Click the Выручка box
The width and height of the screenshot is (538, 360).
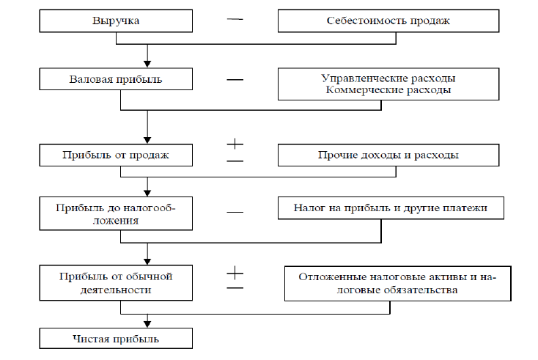click(x=116, y=21)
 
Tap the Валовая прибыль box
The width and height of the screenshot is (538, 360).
click(x=116, y=78)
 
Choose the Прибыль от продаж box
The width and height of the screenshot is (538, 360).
click(x=116, y=155)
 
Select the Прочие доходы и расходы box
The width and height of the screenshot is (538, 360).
click(x=388, y=155)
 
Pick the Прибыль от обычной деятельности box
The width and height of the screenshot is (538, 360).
click(x=116, y=282)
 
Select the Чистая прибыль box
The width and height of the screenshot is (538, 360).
click(x=116, y=339)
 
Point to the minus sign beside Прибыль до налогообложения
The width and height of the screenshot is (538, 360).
click(x=235, y=212)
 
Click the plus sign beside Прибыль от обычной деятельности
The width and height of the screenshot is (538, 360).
click(x=235, y=274)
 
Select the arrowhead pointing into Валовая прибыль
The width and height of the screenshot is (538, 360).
click(x=147, y=64)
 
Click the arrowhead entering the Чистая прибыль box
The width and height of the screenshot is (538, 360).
click(x=147, y=324)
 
